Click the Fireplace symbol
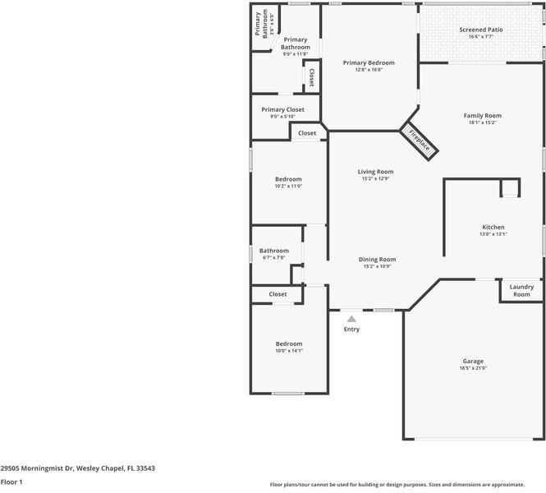tap(420, 138)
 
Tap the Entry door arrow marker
tap(351, 318)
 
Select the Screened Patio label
tap(480, 30)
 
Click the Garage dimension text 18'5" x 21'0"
tap(473, 368)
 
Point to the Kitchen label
tap(493, 227)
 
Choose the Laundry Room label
tap(521, 290)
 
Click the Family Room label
tap(482, 116)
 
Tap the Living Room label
tap(375, 172)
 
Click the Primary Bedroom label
tap(369, 62)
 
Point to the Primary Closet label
tap(282, 109)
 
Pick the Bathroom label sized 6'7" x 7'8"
tap(273, 251)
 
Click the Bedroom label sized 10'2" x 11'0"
tap(288, 179)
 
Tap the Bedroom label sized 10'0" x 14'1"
tap(288, 343)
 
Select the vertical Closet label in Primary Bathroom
tap(311, 76)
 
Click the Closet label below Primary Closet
tap(306, 133)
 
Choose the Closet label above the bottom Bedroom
tap(278, 293)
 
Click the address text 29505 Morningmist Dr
tap(77, 468)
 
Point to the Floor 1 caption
tap(11, 481)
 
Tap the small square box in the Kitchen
tap(510, 189)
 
